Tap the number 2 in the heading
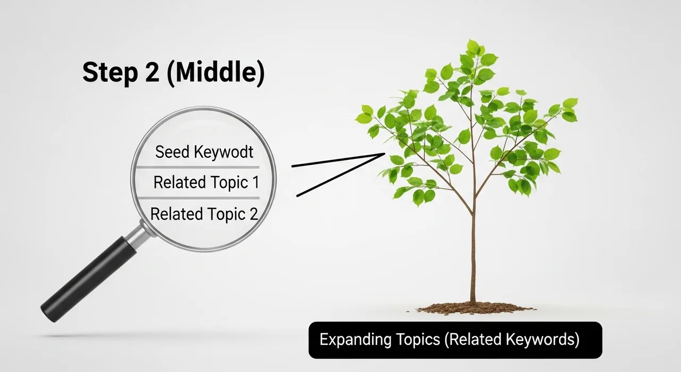click(152, 72)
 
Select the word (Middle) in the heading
click(216, 73)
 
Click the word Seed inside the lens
click(172, 151)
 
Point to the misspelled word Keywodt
click(224, 152)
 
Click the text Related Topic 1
click(206, 182)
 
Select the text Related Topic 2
click(204, 214)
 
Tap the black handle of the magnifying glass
click(89, 279)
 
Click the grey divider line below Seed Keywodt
click(197, 167)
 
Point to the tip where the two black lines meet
click(385, 154)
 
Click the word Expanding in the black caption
click(355, 339)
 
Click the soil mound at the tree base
click(473, 309)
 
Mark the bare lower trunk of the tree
click(473, 259)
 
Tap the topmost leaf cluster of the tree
click(475, 48)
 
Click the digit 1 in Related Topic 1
click(256, 182)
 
